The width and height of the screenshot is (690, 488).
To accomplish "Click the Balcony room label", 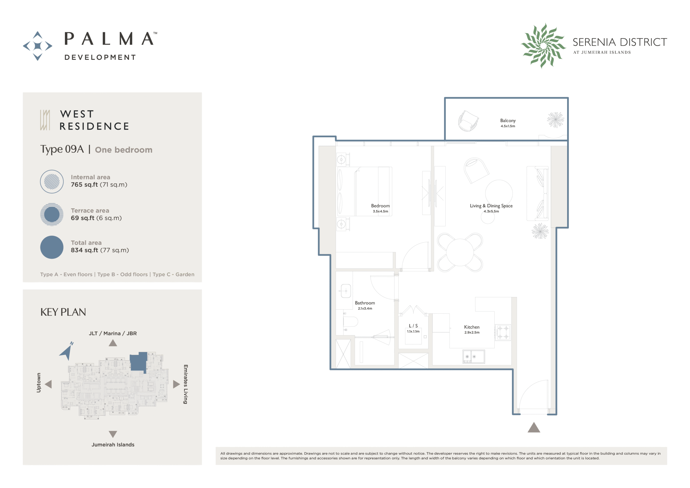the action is pyautogui.click(x=508, y=121).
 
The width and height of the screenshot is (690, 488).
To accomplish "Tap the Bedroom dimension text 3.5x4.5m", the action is pyautogui.click(x=381, y=211).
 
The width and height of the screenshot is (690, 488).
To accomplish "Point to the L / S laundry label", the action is pyautogui.click(x=413, y=326).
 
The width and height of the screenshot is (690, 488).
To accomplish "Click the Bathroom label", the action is pyautogui.click(x=365, y=303).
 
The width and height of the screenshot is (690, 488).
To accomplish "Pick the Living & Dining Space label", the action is pyautogui.click(x=491, y=206).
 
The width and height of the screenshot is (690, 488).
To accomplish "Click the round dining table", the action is pyautogui.click(x=460, y=252).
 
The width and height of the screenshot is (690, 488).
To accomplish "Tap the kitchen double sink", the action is pyautogui.click(x=474, y=357).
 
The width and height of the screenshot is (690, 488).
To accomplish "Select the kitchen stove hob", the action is pyautogui.click(x=503, y=332).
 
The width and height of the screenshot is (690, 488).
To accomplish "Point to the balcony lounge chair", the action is pyautogui.click(x=468, y=121).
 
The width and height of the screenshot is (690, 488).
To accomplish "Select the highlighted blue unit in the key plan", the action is pyautogui.click(x=139, y=362).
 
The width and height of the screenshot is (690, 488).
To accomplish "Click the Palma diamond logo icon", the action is pyautogui.click(x=37, y=46).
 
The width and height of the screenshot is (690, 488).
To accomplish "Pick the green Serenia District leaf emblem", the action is pyautogui.click(x=543, y=46).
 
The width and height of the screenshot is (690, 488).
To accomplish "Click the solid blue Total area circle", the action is pyautogui.click(x=52, y=247).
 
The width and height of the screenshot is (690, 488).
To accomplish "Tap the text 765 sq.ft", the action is pyautogui.click(x=84, y=185).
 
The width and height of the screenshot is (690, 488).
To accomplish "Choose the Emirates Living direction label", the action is pyautogui.click(x=186, y=384).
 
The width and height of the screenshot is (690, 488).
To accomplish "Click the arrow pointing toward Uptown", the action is pyautogui.click(x=49, y=384).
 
